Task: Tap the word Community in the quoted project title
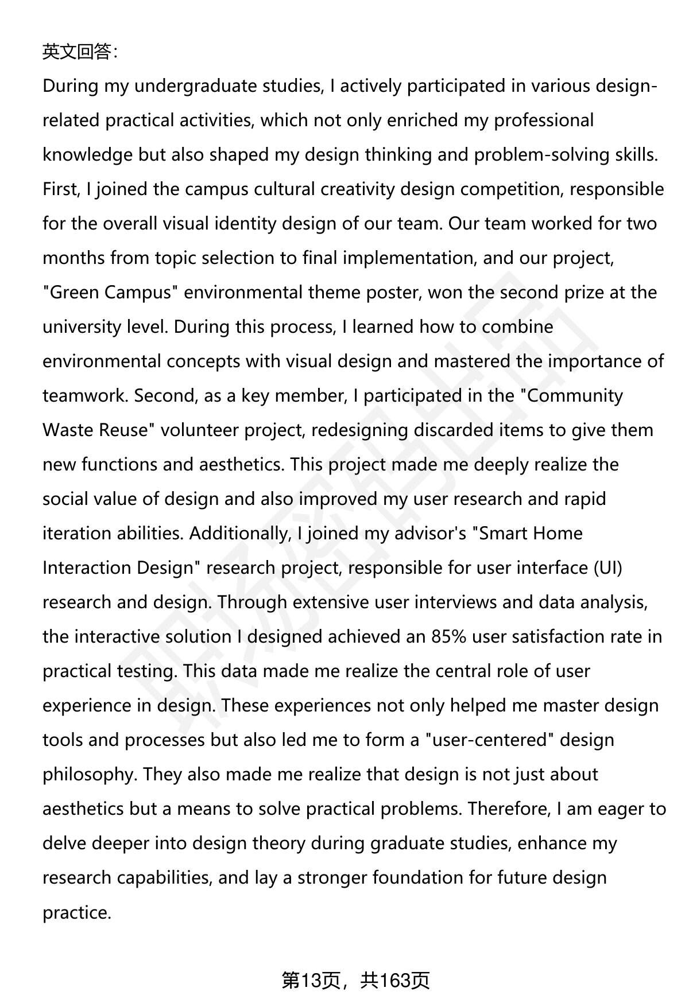point(574,396)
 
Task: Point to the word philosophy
point(88,775)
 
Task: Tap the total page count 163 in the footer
point(394,981)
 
